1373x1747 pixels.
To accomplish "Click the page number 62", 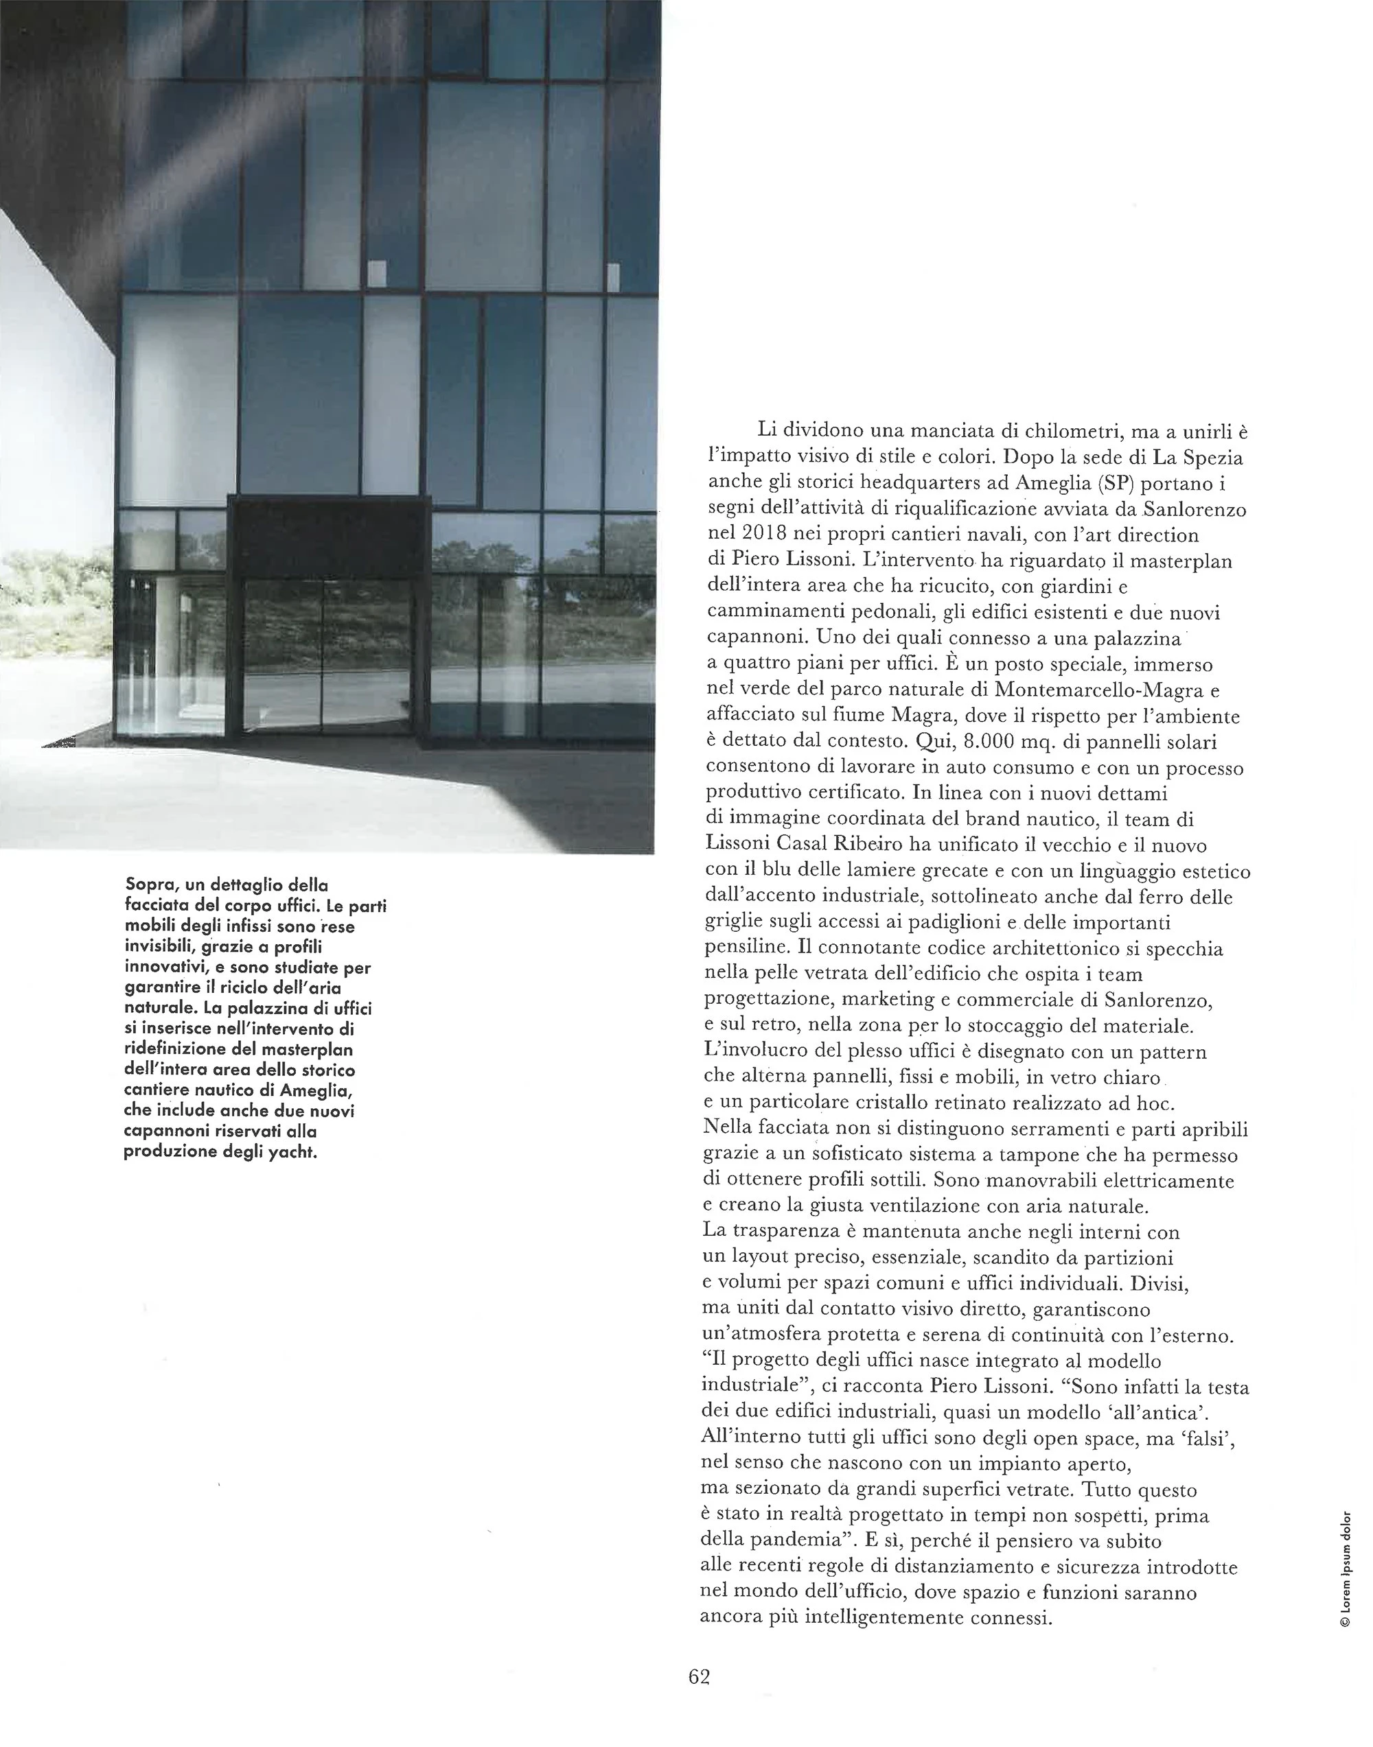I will pyautogui.click(x=699, y=1676).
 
